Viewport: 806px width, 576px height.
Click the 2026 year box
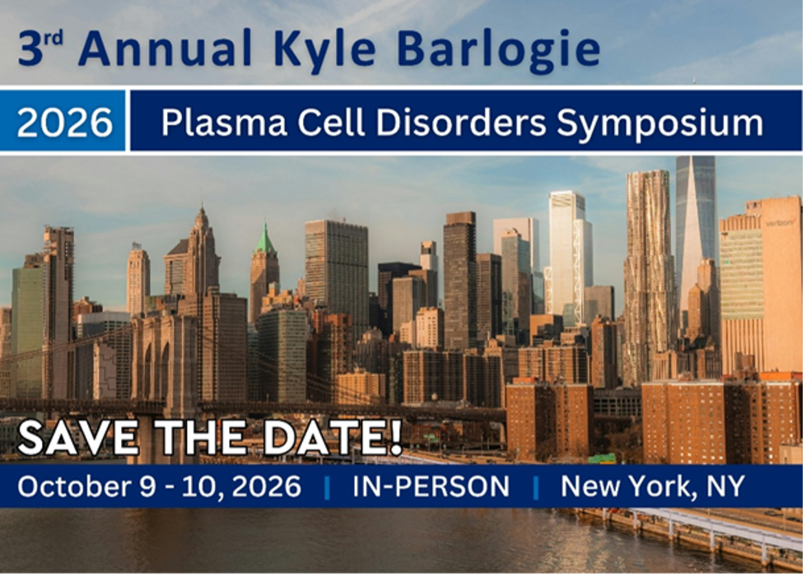point(64,122)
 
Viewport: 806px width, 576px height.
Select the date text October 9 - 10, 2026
point(159,486)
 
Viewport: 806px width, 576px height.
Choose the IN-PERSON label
point(431,486)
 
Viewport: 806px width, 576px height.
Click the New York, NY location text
point(652,486)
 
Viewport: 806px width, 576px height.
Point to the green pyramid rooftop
point(264,239)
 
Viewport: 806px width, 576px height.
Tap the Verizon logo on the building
point(779,222)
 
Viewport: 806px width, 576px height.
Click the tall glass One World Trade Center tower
point(695,222)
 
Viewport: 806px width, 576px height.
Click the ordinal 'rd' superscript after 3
point(54,39)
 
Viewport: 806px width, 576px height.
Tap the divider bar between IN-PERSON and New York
point(536,486)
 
